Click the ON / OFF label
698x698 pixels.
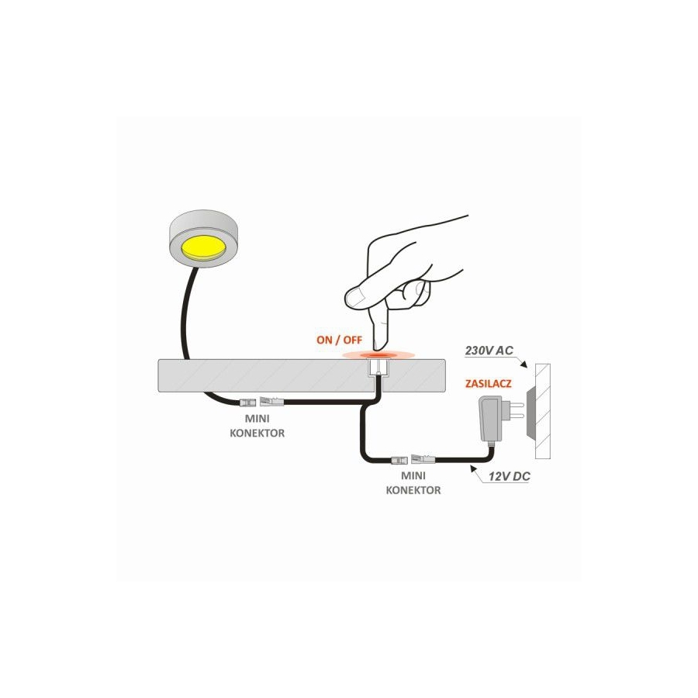tap(339, 340)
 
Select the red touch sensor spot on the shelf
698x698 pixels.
tap(378, 355)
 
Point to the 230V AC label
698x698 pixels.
tap(489, 351)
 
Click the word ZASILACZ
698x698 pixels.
tap(489, 384)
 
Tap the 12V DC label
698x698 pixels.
tap(510, 477)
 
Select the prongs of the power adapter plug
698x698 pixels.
tap(515, 411)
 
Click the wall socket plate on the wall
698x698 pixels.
tap(530, 412)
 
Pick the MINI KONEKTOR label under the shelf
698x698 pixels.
tap(257, 426)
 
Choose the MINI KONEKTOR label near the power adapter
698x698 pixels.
tap(413, 483)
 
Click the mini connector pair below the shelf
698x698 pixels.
tap(261, 402)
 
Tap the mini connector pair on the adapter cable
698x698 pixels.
tap(413, 459)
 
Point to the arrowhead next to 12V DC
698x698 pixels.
tap(473, 468)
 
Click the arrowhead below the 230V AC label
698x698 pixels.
tap(524, 365)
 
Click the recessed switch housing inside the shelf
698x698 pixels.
tap(378, 369)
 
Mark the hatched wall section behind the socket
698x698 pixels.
tap(544, 411)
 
